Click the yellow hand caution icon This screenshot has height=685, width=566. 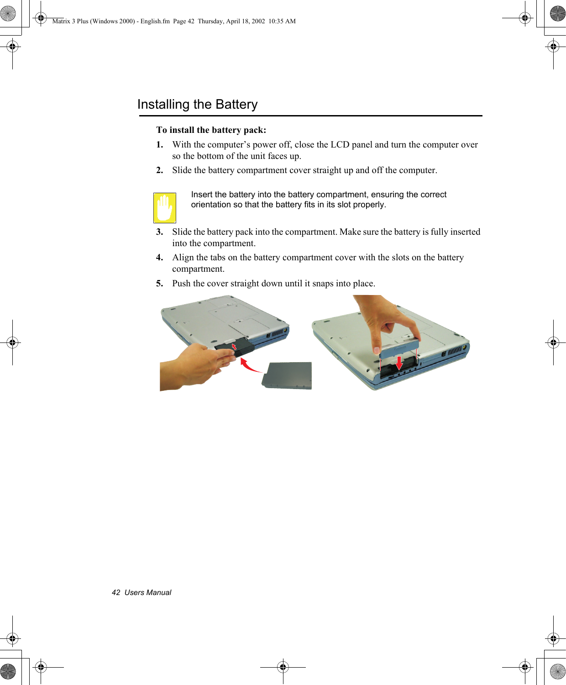(x=165, y=208)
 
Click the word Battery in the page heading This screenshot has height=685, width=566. (x=236, y=105)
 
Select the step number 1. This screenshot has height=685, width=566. (x=159, y=145)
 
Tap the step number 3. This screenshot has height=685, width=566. (x=159, y=232)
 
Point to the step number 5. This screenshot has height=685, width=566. (x=159, y=284)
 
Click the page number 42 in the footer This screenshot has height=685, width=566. (x=116, y=592)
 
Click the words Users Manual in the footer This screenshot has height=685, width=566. (x=148, y=592)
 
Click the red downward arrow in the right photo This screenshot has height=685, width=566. (x=399, y=363)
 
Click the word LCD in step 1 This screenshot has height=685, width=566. (x=340, y=145)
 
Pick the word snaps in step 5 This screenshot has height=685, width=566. (x=323, y=284)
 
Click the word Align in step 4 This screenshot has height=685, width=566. (x=183, y=258)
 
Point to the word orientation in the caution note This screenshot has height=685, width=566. (x=211, y=205)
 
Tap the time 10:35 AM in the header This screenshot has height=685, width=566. (x=282, y=21)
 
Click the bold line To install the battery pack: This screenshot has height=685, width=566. (x=211, y=130)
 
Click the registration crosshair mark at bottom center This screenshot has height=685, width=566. (x=283, y=667)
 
